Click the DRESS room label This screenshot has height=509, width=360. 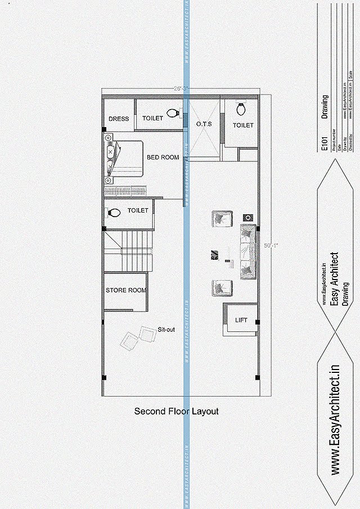[x=119, y=119]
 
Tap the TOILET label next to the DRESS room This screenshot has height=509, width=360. [x=152, y=119]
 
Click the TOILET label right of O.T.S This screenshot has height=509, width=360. [x=243, y=125]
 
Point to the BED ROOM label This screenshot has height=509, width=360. [x=163, y=157]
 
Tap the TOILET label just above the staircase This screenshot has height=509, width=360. [x=138, y=210]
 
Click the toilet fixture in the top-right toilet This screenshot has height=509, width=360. [x=242, y=108]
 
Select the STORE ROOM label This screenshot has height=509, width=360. [x=126, y=291]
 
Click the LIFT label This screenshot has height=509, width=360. [x=241, y=320]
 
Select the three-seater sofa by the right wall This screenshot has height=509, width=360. [x=248, y=251]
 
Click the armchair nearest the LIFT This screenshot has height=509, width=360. [x=222, y=287]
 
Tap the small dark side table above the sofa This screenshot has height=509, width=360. [x=247, y=217]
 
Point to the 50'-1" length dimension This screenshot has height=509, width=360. [x=271, y=245]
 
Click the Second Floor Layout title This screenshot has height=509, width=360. [x=176, y=412]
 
